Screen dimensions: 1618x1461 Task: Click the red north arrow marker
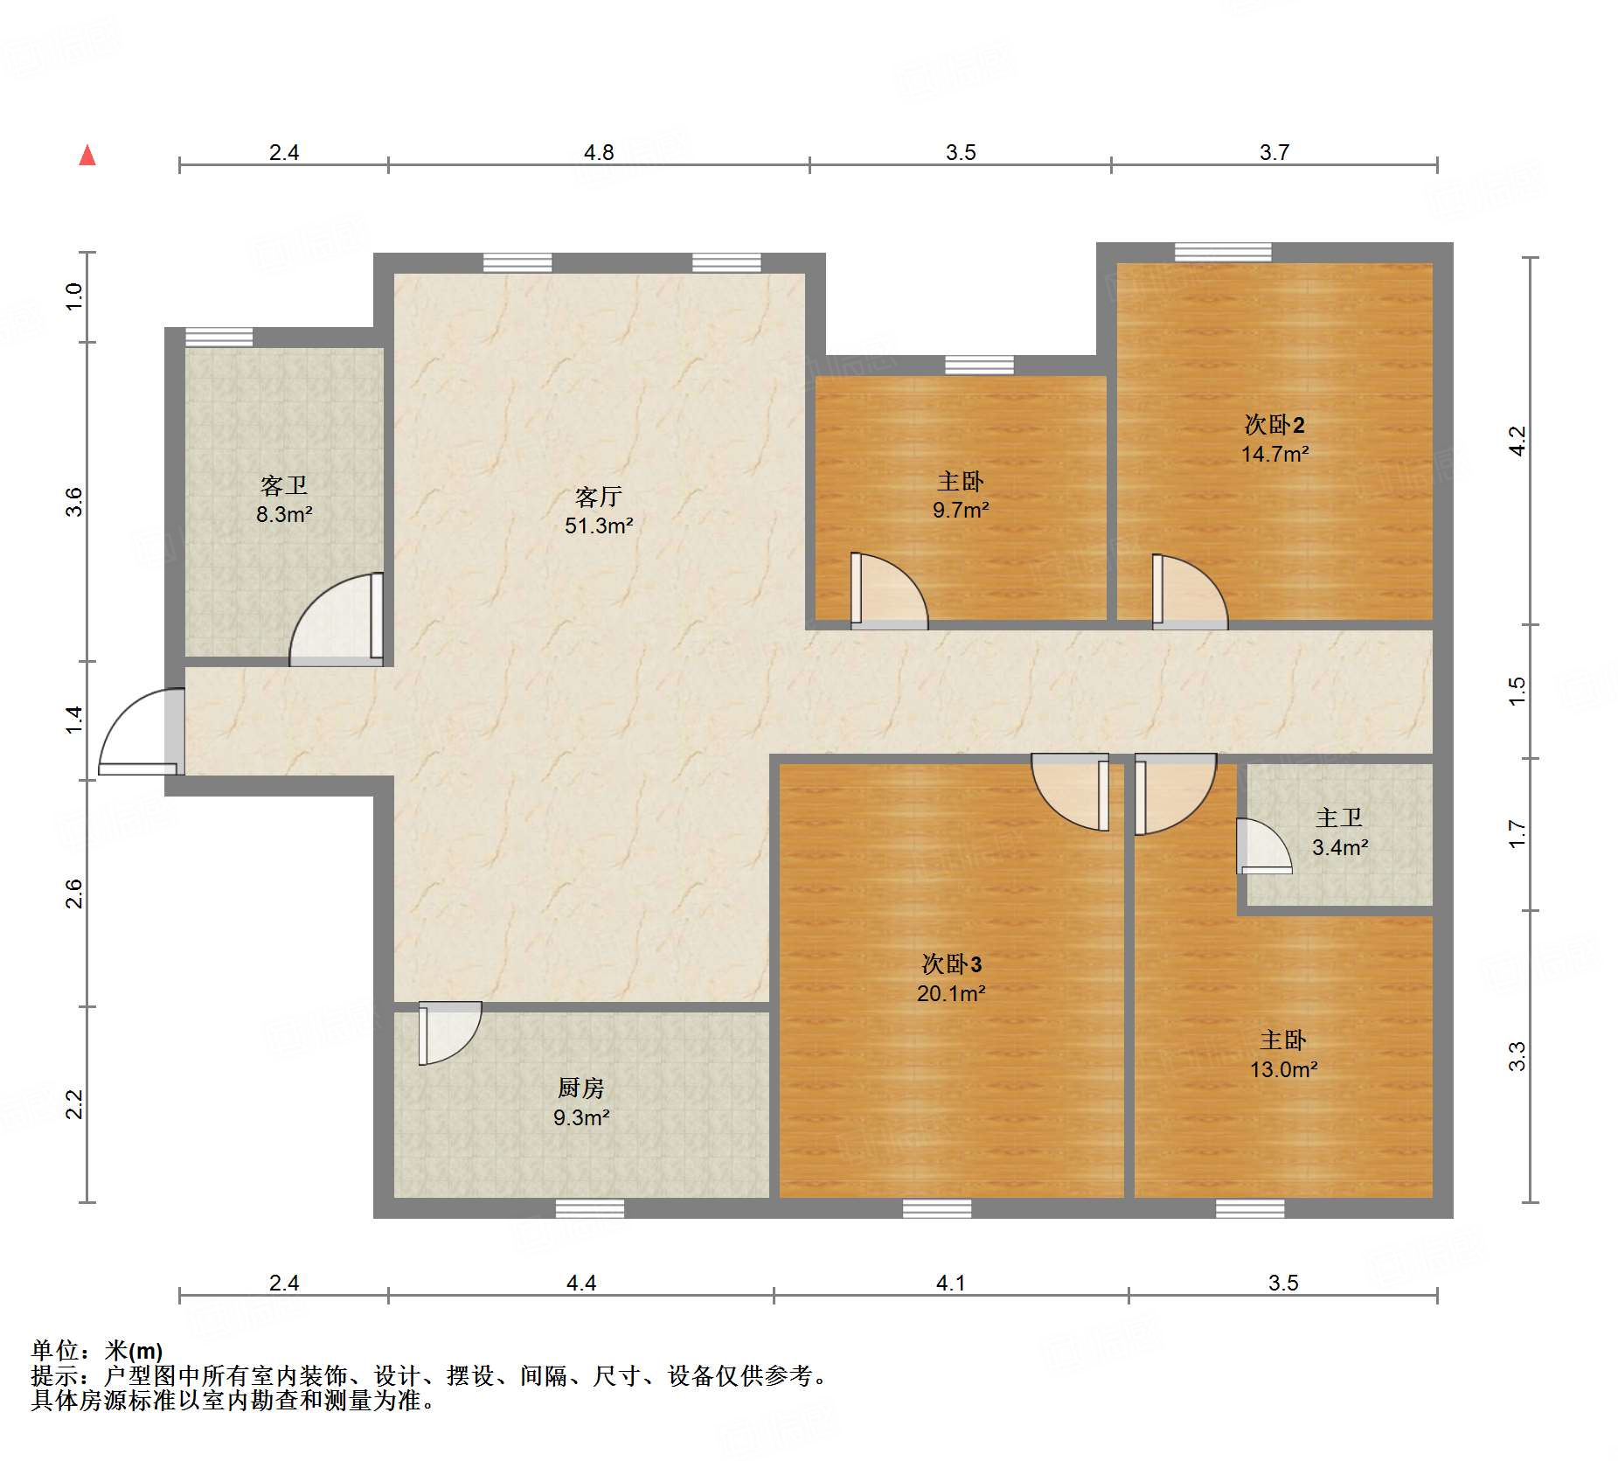(x=87, y=155)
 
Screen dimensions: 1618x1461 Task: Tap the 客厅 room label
(x=599, y=497)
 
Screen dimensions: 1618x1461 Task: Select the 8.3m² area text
(x=284, y=514)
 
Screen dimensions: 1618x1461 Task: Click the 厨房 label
(x=581, y=1088)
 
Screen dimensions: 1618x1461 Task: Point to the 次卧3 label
(x=952, y=964)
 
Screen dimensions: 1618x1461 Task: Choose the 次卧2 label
(x=1274, y=424)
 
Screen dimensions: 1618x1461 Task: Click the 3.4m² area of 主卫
(x=1340, y=846)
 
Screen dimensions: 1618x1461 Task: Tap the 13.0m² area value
(x=1283, y=1068)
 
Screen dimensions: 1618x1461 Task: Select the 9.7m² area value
(x=961, y=509)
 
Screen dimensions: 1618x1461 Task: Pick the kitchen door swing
(x=449, y=1033)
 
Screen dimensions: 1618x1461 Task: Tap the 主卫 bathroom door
(x=1264, y=845)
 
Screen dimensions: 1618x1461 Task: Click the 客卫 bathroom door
(x=337, y=619)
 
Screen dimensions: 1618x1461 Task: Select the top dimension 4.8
(x=599, y=152)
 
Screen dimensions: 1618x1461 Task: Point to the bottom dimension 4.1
(x=950, y=1283)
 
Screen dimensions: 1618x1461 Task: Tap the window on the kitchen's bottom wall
(x=590, y=1208)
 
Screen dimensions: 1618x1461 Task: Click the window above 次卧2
(x=1223, y=252)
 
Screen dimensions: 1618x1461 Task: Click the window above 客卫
(x=219, y=337)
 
